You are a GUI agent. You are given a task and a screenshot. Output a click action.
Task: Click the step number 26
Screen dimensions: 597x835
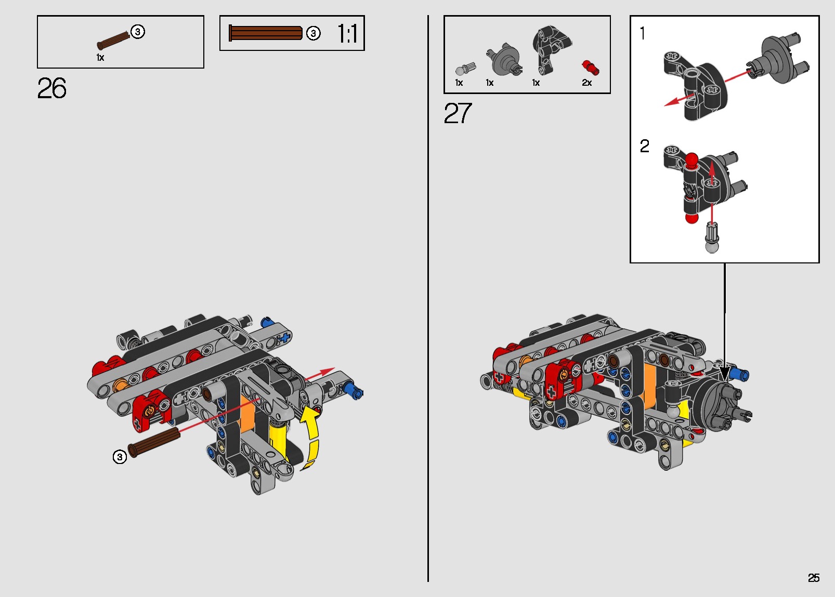(52, 88)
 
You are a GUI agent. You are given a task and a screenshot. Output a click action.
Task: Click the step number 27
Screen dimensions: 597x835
(458, 113)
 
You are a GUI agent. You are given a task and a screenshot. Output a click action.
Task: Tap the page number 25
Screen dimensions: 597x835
(813, 578)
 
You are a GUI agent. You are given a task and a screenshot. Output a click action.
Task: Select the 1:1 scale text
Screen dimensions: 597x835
(347, 34)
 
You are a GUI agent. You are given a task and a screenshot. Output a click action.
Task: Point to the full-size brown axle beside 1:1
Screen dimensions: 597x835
(266, 33)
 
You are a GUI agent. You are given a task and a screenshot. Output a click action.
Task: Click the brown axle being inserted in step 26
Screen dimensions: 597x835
(154, 443)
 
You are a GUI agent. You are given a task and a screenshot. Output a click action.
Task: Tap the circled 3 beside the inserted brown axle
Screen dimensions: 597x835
(120, 457)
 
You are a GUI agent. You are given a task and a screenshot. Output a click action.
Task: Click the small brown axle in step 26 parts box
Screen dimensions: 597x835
(113, 41)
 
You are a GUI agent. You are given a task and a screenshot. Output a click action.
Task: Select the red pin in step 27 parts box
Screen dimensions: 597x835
(590, 68)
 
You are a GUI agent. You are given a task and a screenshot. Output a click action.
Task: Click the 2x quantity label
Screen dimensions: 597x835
(586, 83)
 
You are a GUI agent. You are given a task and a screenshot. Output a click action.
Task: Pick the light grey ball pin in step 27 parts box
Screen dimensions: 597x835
(465, 69)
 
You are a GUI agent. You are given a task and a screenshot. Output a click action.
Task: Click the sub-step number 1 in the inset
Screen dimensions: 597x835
(643, 34)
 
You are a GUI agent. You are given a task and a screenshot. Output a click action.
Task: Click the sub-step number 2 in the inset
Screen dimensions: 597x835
(644, 146)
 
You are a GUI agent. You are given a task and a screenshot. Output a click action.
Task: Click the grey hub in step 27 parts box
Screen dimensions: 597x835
(504, 59)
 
